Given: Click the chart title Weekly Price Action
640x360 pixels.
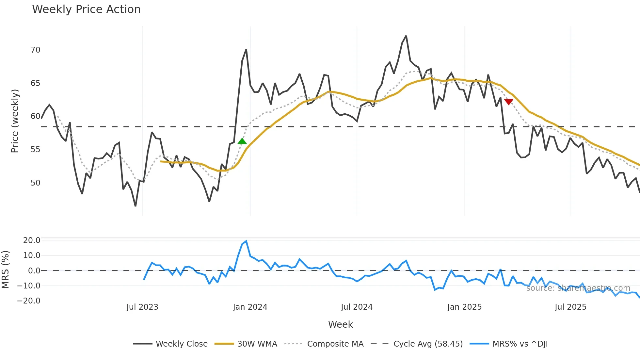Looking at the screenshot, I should click(x=86, y=9).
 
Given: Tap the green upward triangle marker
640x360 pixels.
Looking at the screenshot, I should click(x=242, y=141).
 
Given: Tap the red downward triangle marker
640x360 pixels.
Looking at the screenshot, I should click(x=509, y=102).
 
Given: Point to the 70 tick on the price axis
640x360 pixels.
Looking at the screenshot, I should click(x=35, y=50).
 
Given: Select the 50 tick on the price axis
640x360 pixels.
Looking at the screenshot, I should click(x=35, y=183).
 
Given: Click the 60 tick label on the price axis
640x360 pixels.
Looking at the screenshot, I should click(x=35, y=116).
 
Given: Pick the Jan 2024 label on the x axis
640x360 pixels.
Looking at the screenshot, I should click(x=250, y=307).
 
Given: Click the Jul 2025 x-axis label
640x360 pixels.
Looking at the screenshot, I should click(x=570, y=307).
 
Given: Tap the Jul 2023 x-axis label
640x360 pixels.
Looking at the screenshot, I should click(x=142, y=307).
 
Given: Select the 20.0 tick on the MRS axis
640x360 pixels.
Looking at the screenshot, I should click(x=31, y=240).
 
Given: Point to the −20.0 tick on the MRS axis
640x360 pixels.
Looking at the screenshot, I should click(x=29, y=301).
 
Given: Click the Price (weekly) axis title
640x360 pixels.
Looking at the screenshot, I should click(x=15, y=121).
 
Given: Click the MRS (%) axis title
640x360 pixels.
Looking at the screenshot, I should click(x=5, y=270).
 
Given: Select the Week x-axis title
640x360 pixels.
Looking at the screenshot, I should click(x=340, y=324).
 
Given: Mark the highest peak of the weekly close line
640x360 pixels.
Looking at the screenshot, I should click(x=406, y=36).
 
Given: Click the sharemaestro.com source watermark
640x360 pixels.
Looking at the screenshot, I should click(x=578, y=288).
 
